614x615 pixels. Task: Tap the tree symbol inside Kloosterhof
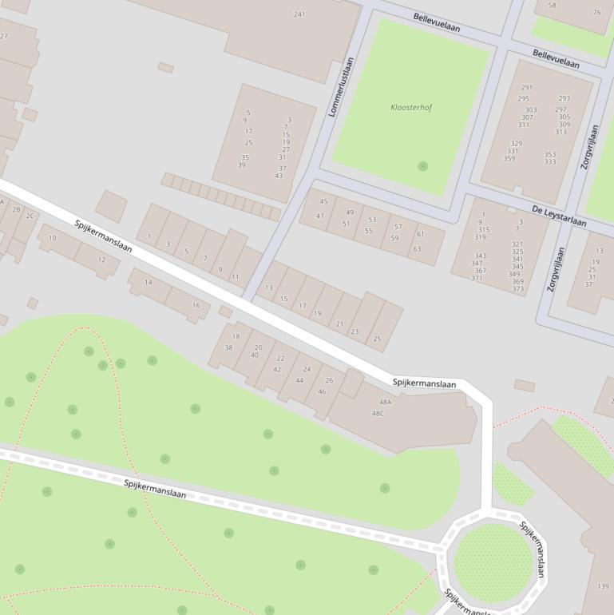pyautogui.click(x=422, y=166)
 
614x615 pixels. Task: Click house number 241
pyautogui.click(x=299, y=14)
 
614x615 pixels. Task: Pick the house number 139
pyautogui.click(x=603, y=586)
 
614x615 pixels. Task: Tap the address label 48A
pyautogui.click(x=386, y=403)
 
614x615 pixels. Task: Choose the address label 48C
pyautogui.click(x=378, y=413)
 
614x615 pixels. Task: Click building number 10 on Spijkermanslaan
pyautogui.click(x=53, y=238)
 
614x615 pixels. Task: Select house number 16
pyautogui.click(x=196, y=305)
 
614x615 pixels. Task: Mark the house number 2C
pyautogui.click(x=30, y=216)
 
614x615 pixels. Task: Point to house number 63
pyautogui.click(x=417, y=249)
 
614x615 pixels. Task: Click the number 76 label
pyautogui.click(x=596, y=12)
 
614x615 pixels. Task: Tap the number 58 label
pyautogui.click(x=552, y=6)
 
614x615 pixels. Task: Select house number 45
pyautogui.click(x=323, y=202)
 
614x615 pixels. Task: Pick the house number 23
pyautogui.click(x=355, y=331)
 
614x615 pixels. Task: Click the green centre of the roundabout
pyautogui.click(x=493, y=562)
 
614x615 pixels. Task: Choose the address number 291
pyautogui.click(x=526, y=88)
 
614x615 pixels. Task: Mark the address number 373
pyautogui.click(x=517, y=289)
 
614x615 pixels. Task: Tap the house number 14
pyautogui.click(x=148, y=283)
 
